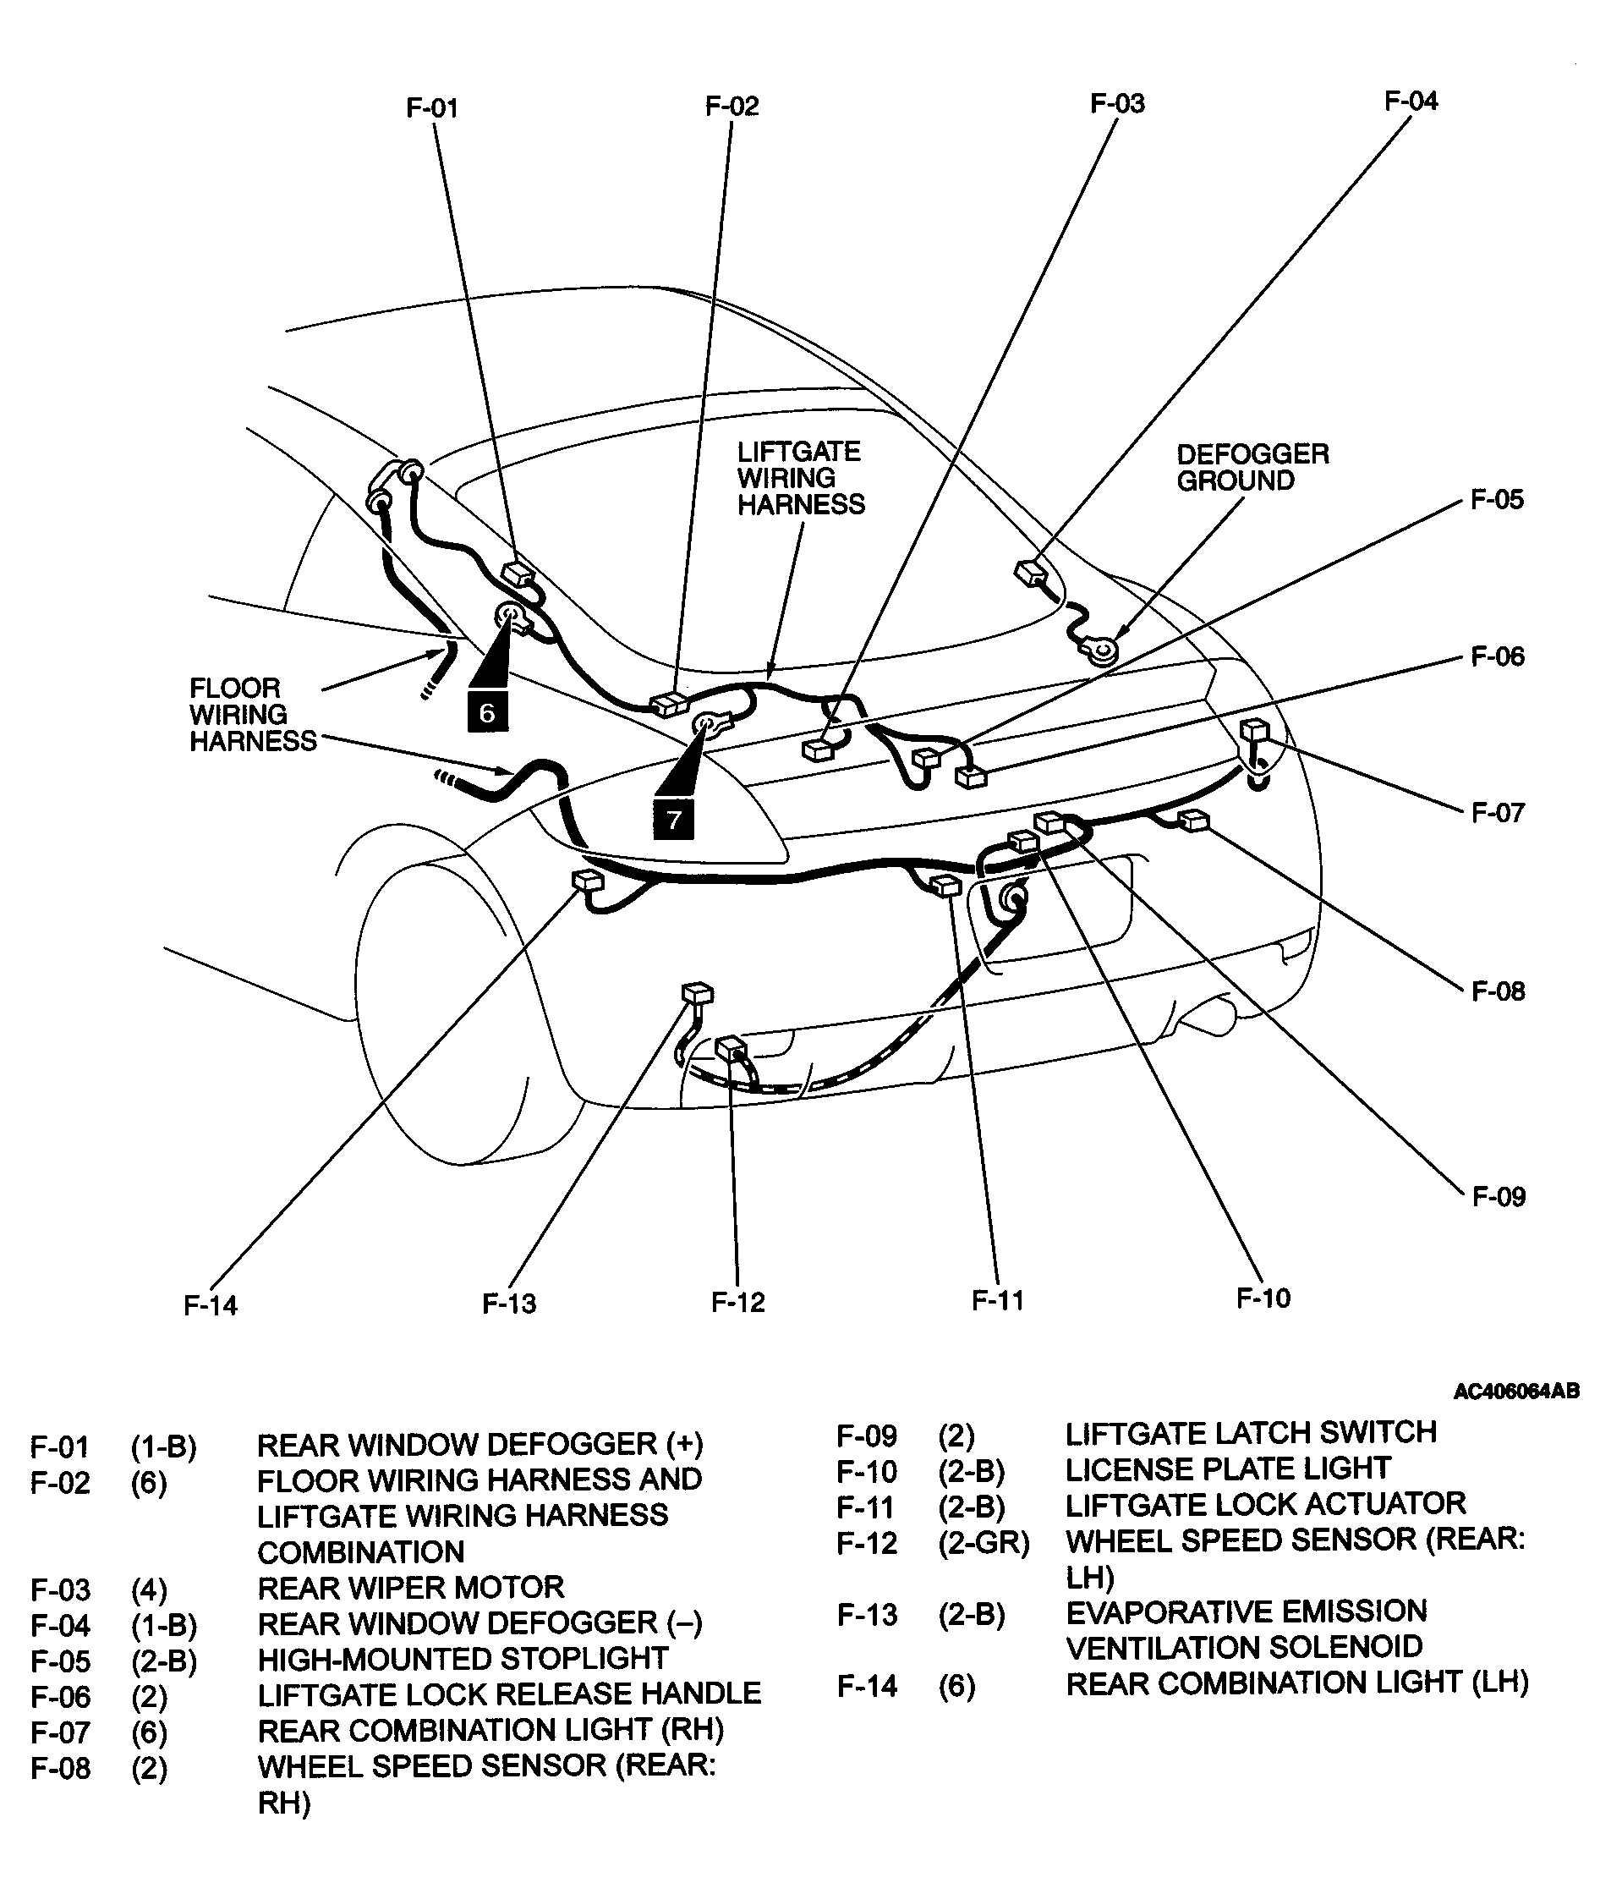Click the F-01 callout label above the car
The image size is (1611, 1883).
pyautogui.click(x=431, y=108)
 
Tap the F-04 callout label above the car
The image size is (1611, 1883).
pyautogui.click(x=1411, y=101)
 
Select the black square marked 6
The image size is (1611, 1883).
pyautogui.click(x=487, y=711)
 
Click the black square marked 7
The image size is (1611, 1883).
pyautogui.click(x=673, y=819)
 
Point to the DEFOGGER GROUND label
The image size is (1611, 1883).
pyautogui.click(x=1252, y=467)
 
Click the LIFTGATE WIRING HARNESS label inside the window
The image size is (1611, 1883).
pyautogui.click(x=800, y=478)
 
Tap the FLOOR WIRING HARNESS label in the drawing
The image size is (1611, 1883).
pyautogui.click(x=252, y=714)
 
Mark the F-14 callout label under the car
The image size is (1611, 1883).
pyautogui.click(x=210, y=1306)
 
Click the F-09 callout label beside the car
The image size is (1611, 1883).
pyautogui.click(x=1499, y=1197)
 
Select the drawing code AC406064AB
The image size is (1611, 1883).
pyautogui.click(x=1515, y=1392)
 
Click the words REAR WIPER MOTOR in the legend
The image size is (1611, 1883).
pyautogui.click(x=411, y=1588)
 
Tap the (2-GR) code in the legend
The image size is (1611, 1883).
pyautogui.click(x=984, y=1542)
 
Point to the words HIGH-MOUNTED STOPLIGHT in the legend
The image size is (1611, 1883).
pyautogui.click(x=463, y=1659)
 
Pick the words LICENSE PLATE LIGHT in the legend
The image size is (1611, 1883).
pyautogui.click(x=1228, y=1469)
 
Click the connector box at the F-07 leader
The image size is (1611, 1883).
pyautogui.click(x=1254, y=730)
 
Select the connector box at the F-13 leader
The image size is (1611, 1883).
pyautogui.click(x=697, y=992)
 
